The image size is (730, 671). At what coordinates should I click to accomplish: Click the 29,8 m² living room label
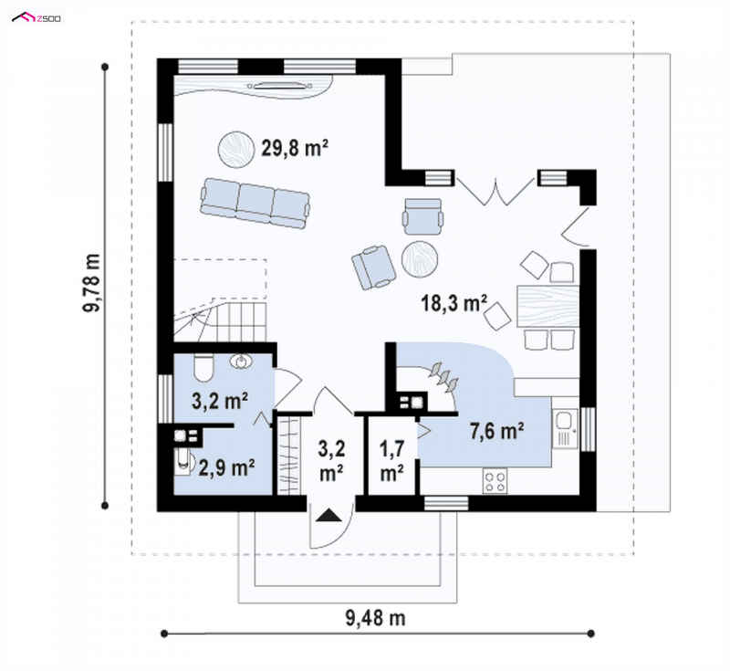tap(295, 148)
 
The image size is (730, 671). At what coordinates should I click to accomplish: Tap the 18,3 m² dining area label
tap(454, 303)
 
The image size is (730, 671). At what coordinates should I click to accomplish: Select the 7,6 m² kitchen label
tap(496, 431)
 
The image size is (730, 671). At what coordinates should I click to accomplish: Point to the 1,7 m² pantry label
tap(392, 460)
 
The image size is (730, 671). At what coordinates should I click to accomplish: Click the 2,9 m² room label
tap(226, 467)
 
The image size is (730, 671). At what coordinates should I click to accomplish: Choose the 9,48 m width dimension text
tap(375, 618)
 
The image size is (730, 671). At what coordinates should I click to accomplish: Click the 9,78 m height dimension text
tap(92, 283)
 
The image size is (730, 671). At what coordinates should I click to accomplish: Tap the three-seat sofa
tap(255, 204)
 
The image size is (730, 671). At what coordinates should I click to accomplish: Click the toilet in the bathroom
tap(203, 368)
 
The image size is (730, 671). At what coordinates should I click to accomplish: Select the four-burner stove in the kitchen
tap(495, 481)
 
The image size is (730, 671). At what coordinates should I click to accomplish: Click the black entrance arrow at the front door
tap(328, 516)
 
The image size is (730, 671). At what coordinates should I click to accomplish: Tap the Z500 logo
tap(36, 17)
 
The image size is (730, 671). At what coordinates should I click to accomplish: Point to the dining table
tap(548, 306)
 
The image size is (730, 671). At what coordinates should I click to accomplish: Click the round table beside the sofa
tap(236, 149)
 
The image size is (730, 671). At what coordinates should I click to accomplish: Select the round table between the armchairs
tap(420, 259)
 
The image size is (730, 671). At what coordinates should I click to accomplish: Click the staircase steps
tap(220, 320)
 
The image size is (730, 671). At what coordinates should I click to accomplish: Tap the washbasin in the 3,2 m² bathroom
tap(241, 362)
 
